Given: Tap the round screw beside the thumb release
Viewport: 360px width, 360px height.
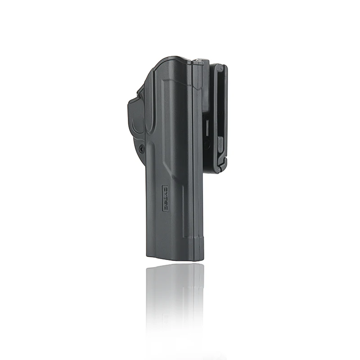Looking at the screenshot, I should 142,148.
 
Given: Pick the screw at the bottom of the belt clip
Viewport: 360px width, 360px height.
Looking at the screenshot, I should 219,170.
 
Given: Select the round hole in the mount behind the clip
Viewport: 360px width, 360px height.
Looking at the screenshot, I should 207,145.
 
